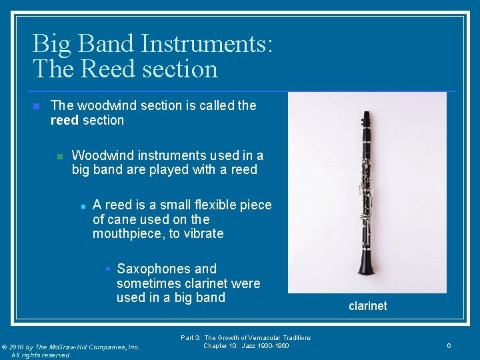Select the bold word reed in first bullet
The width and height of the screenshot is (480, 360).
coord(65,121)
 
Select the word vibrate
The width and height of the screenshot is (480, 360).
coord(203,234)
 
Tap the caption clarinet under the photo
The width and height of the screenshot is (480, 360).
coord(367,306)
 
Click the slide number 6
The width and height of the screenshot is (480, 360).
coord(449,345)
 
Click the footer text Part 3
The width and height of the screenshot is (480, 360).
coord(191,338)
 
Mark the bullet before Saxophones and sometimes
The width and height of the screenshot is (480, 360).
coord(107,269)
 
